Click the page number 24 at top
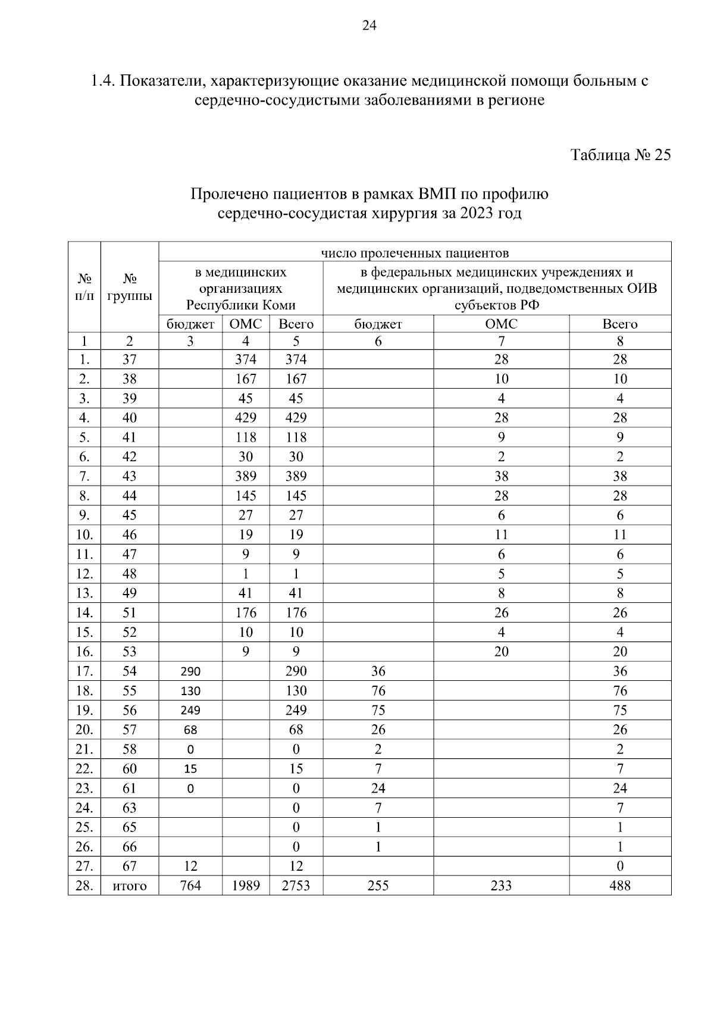(369, 26)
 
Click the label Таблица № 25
(621, 155)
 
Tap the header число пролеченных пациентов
(415, 253)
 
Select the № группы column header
(129, 287)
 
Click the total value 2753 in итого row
(296, 886)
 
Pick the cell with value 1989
(246, 886)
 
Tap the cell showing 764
(190, 886)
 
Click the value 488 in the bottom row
(619, 886)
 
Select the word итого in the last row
(129, 886)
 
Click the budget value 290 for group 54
(190, 671)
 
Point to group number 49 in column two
(129, 593)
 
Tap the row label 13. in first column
(84, 593)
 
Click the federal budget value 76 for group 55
(378, 691)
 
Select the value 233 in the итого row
(501, 886)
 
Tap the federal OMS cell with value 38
(501, 476)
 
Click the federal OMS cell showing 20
(501, 652)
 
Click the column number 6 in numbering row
(378, 342)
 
